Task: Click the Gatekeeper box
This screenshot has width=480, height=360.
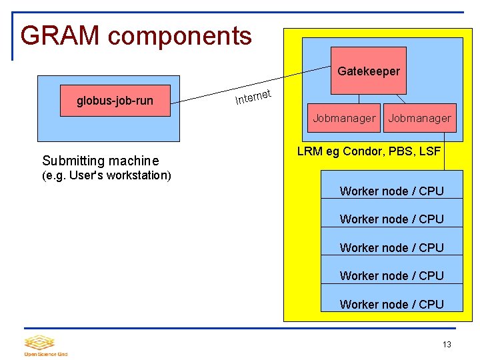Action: [369, 71]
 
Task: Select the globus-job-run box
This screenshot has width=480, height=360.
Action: [115, 101]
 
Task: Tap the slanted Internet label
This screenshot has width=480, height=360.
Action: [253, 97]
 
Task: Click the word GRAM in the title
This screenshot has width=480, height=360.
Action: [60, 35]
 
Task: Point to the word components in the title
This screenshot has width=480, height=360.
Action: [180, 37]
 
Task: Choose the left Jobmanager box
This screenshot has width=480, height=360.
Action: [344, 118]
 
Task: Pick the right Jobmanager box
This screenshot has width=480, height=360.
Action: [420, 118]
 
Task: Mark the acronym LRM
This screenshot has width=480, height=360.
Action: [310, 151]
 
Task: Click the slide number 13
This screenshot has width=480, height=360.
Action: [447, 345]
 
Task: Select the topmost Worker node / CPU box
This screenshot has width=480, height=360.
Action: [392, 185]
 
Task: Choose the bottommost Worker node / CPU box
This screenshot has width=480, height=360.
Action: [392, 297]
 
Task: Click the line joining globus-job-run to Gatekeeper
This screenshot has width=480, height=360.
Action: [251, 85]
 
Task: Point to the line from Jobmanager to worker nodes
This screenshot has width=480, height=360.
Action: [445, 151]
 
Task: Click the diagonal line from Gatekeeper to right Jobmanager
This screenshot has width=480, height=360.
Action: [401, 99]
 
